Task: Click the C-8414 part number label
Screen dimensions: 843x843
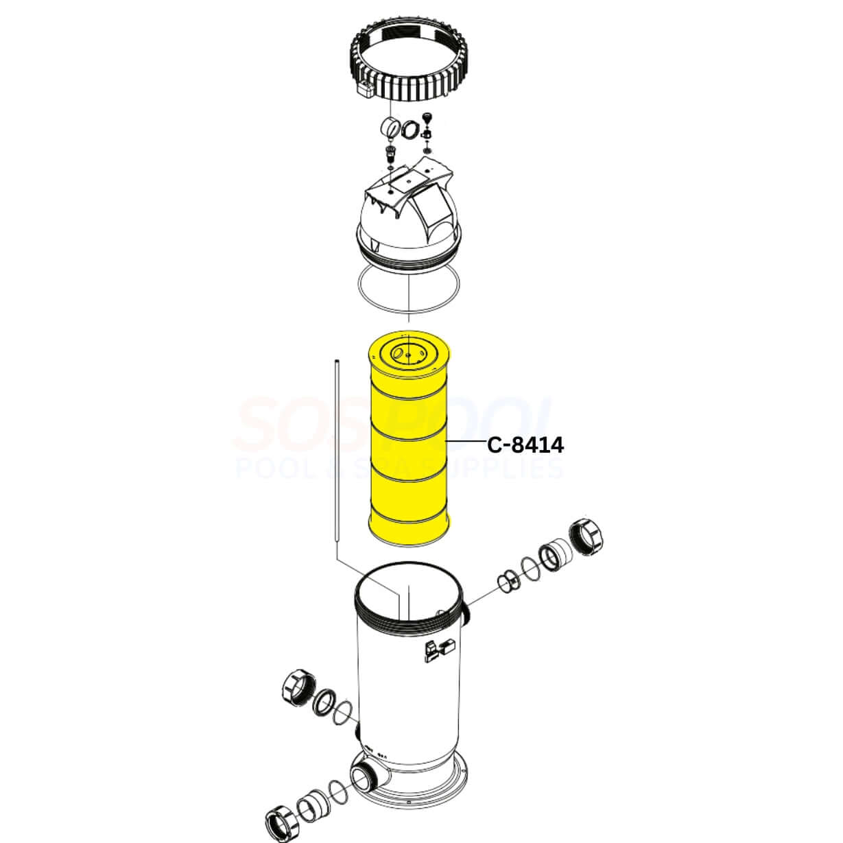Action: coord(525,445)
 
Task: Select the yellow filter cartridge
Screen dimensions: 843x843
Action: coord(409,446)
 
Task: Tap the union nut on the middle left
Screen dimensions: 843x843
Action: coord(298,691)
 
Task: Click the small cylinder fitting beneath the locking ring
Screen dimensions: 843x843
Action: coord(391,128)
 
